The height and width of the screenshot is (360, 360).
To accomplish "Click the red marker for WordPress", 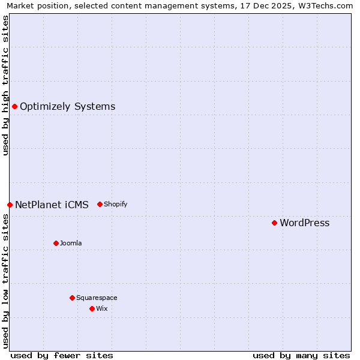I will pos(274,223).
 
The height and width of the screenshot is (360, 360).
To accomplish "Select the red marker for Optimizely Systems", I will pos(14,106).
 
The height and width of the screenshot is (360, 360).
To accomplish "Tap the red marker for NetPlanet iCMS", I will pos(10,205).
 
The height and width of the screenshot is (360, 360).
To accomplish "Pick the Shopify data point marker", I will pos(100,204).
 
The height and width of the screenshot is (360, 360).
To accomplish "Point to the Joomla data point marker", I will pos(56,243).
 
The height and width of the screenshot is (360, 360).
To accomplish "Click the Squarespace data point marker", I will pos(72,298).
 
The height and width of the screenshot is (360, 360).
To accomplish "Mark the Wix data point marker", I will pos(92,308).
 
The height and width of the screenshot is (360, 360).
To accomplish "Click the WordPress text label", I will pos(304,223).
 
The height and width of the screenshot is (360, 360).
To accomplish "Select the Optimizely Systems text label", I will pos(67,107).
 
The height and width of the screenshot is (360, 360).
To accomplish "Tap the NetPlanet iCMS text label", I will pos(52,205).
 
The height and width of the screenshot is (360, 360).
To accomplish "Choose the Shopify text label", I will pos(115,204).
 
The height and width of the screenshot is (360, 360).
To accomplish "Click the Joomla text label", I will pos(71,243).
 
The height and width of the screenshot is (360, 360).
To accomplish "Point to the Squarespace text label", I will pos(97,298).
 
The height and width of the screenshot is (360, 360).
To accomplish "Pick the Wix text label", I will pos(101,308).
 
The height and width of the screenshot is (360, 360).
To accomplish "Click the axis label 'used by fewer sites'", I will pos(62,355).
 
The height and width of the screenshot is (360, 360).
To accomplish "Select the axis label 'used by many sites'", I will pos(301,355).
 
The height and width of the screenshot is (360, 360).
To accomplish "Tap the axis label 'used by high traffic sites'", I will pos(5,85).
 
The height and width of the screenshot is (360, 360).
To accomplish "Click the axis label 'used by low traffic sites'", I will pos(5,281).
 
